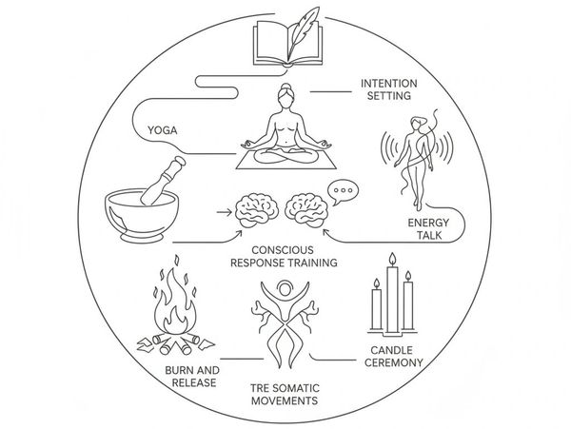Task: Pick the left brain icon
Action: coord(255,211)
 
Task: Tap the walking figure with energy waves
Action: coord(419,157)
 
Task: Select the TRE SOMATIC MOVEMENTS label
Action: coord(286,393)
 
